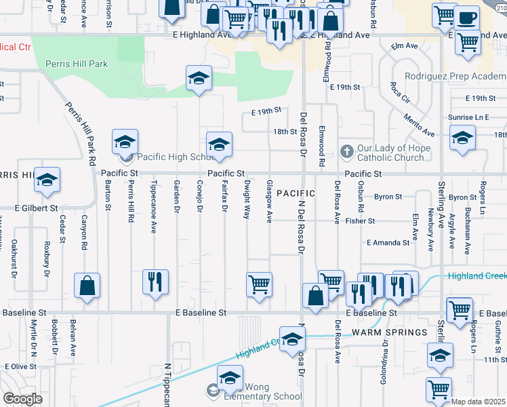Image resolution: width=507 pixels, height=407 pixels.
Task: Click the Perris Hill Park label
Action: click(x=77, y=64)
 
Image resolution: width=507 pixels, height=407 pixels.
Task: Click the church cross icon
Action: click(x=346, y=150)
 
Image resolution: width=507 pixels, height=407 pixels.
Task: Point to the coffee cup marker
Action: click(x=467, y=18)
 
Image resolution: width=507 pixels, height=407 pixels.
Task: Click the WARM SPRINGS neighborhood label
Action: click(x=390, y=332)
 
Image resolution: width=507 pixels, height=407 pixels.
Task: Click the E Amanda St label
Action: click(x=388, y=242)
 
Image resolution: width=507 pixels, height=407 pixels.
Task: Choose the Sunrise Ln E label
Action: click(x=468, y=117)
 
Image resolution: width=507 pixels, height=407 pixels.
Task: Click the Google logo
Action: click(x=23, y=399)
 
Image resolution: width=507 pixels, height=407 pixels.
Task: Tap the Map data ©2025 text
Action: click(x=479, y=402)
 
